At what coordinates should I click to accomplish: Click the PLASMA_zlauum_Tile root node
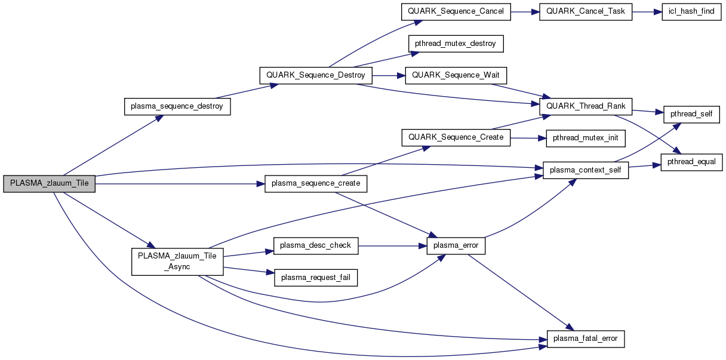click(49, 184)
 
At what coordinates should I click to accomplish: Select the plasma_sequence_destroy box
click(177, 107)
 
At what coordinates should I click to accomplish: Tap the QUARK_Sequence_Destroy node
click(316, 76)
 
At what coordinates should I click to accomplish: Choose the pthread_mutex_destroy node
click(456, 44)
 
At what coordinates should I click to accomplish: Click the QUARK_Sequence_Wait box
click(456, 75)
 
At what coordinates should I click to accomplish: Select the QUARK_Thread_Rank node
click(585, 107)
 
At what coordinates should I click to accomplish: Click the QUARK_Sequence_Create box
click(456, 137)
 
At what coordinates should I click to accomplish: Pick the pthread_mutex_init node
click(585, 139)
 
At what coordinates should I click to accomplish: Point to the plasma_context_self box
click(585, 170)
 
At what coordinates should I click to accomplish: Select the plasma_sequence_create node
click(316, 183)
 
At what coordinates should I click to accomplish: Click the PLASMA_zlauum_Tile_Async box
click(177, 261)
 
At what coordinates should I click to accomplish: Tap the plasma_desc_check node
click(316, 245)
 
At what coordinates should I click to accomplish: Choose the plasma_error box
click(456, 245)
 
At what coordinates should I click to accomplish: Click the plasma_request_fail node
click(316, 277)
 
